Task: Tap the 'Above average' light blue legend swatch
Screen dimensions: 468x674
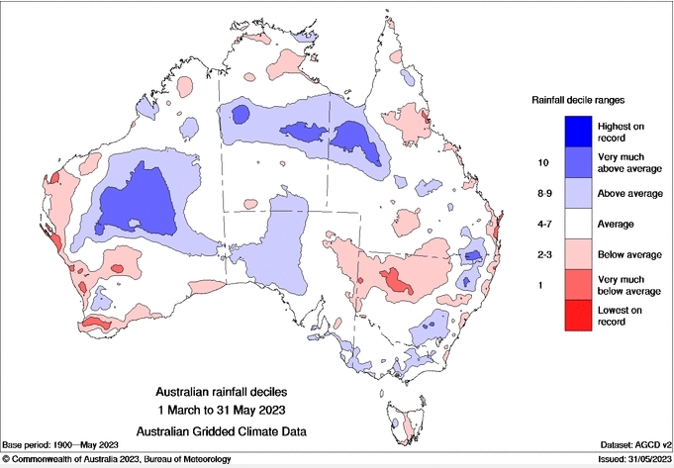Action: point(579,194)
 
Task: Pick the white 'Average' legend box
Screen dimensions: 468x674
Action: point(579,225)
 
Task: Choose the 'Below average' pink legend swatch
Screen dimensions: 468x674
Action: point(579,255)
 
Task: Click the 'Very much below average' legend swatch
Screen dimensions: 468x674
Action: point(579,286)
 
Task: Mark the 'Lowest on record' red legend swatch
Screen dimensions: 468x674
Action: point(579,317)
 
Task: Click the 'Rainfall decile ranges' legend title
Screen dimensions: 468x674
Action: point(580,100)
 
